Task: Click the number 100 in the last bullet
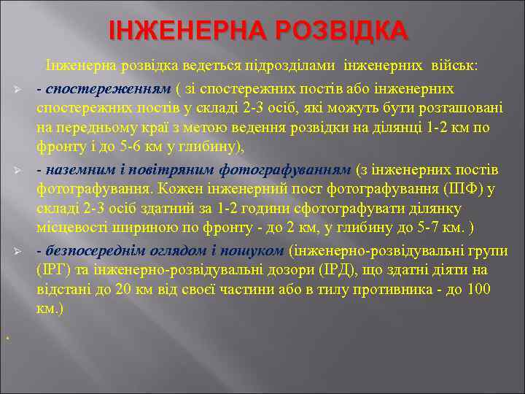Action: (x=498, y=290)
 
